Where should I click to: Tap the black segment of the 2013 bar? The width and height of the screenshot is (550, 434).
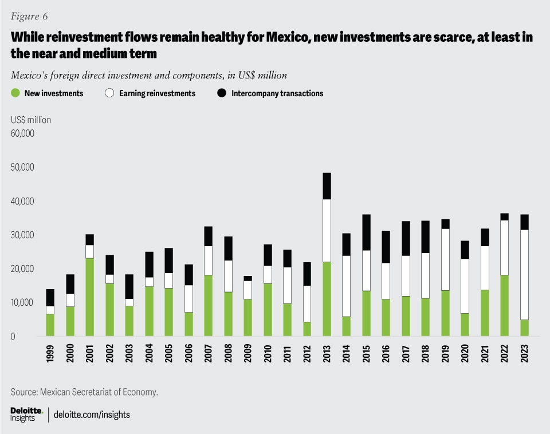pyautogui.click(x=327, y=186)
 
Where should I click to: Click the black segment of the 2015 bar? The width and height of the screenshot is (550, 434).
pyautogui.click(x=366, y=232)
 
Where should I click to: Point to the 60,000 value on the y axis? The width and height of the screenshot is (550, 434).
pyautogui.click(x=22, y=134)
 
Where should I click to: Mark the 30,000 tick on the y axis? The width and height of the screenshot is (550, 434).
pyautogui.click(x=22, y=235)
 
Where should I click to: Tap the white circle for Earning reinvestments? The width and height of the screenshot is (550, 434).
pyautogui.click(x=109, y=93)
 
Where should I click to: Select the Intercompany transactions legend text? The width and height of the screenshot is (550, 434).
pyautogui.click(x=277, y=93)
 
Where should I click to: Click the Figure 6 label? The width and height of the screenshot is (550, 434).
pyautogui.click(x=29, y=16)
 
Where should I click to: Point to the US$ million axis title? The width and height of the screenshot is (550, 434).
pyautogui.click(x=31, y=120)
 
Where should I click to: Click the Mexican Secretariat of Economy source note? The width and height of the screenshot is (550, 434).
pyautogui.click(x=84, y=392)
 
